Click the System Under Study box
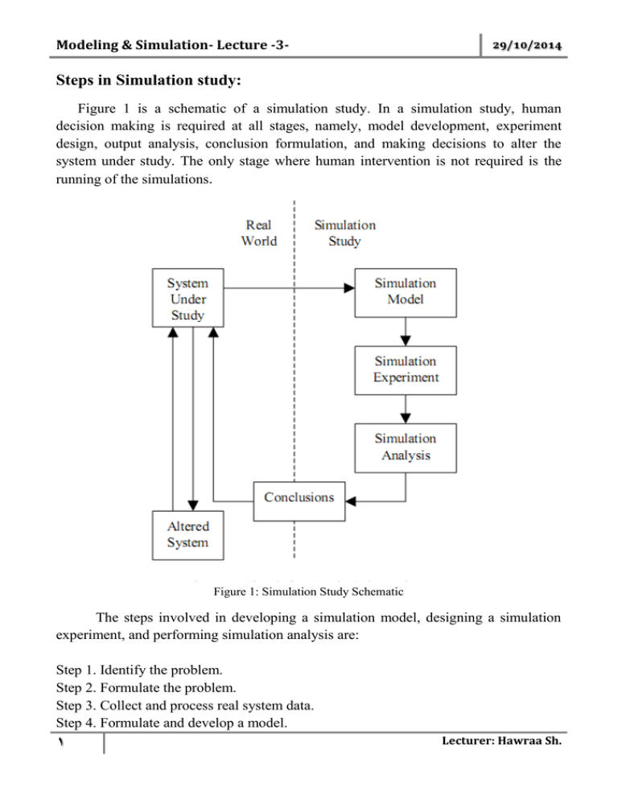pos(187,298)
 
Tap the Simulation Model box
pos(406,291)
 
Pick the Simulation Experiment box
pos(406,369)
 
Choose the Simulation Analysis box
pos(406,447)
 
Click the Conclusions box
pos(299,497)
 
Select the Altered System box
pos(187,534)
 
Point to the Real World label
pos(258,233)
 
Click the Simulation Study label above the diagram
pos(344,233)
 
